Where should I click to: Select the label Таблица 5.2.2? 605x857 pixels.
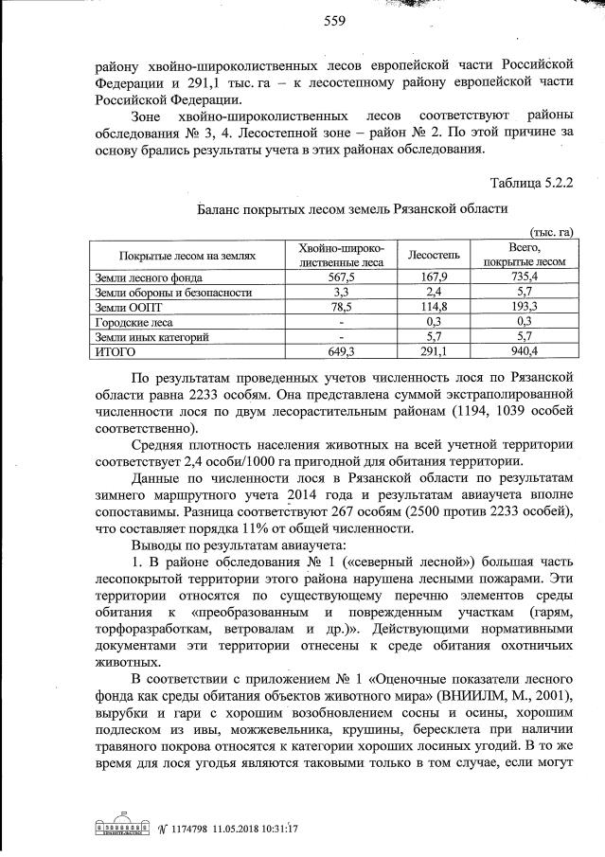(x=532, y=182)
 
